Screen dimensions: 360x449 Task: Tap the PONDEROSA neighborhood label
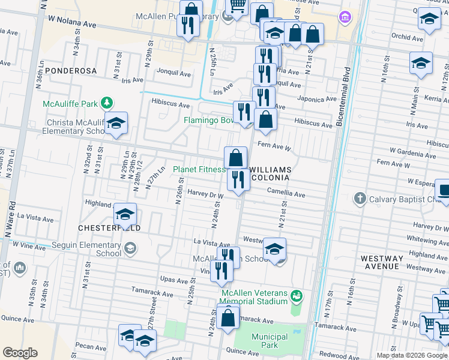tap(71, 71)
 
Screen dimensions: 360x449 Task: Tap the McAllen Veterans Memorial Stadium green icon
tap(296, 296)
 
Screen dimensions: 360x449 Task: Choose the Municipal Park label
tap(270, 341)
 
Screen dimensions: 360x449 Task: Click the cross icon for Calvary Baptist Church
tap(360, 198)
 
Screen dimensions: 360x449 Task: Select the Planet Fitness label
tap(198, 170)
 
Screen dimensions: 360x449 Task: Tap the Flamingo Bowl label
tap(208, 119)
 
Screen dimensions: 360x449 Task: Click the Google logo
tap(20, 353)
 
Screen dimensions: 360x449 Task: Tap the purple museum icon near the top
tap(345, 16)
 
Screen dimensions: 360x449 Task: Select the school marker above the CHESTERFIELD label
tap(125, 214)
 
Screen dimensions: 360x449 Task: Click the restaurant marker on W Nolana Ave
tap(189, 25)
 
